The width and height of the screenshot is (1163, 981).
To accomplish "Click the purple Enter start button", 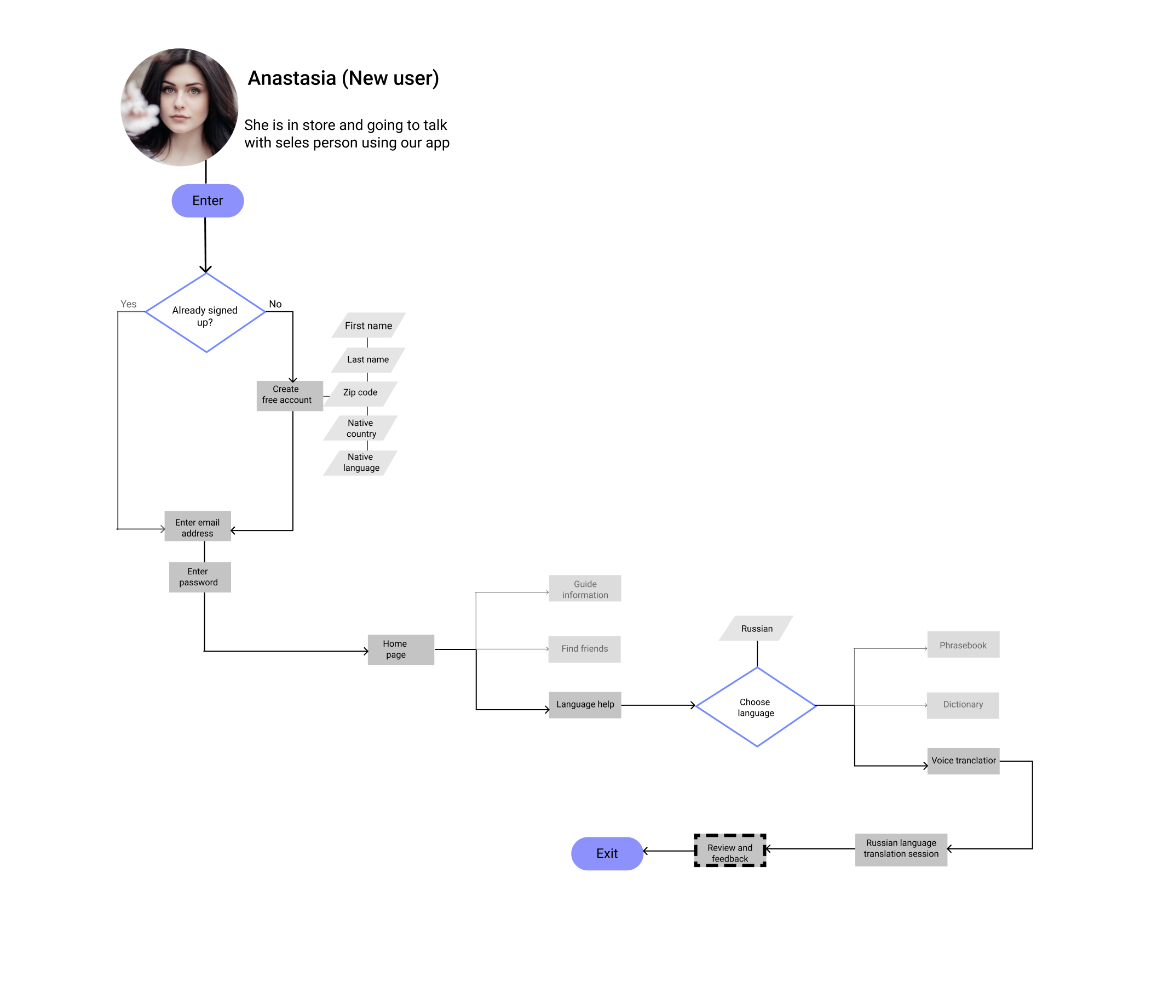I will [x=208, y=200].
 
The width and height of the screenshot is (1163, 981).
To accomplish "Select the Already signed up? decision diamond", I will [x=205, y=312].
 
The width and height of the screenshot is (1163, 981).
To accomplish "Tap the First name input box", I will [x=369, y=326].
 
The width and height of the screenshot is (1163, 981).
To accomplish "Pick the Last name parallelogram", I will [x=368, y=360].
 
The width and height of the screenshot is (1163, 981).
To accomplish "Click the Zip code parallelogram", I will [x=361, y=393].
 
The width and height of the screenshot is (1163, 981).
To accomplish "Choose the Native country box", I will [x=361, y=428].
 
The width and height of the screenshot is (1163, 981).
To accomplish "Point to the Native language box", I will [x=361, y=463].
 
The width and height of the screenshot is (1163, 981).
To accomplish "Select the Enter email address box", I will [x=197, y=526].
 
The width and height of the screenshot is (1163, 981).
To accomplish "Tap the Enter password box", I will [x=199, y=577].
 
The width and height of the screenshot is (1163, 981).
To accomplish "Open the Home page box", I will [x=401, y=649].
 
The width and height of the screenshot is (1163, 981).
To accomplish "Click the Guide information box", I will [x=585, y=589].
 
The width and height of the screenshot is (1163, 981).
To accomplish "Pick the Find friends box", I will [x=584, y=649].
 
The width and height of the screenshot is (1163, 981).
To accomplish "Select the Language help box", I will [x=585, y=705].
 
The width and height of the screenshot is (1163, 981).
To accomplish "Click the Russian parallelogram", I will [x=756, y=629].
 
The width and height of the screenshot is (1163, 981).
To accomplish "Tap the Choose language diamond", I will [x=756, y=707].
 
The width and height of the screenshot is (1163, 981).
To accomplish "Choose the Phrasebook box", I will [x=963, y=644].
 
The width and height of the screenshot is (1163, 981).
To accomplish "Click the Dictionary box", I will [x=963, y=705].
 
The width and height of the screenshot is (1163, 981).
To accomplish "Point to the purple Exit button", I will [x=607, y=854].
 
